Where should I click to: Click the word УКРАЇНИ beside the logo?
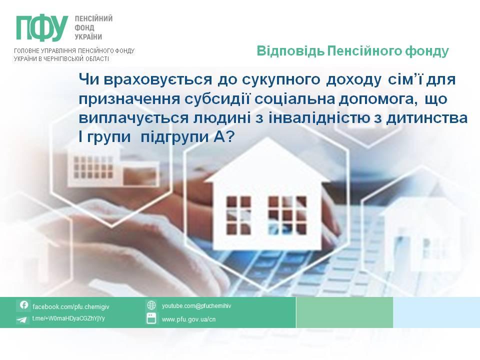click(x=88, y=37)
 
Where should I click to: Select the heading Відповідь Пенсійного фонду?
click(x=352, y=51)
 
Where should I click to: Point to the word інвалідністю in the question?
click(x=319, y=118)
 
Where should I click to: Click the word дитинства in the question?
click(x=426, y=118)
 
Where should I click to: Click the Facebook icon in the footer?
click(x=24, y=305)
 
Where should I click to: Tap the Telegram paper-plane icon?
click(x=21, y=320)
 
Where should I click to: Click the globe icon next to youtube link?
click(x=151, y=305)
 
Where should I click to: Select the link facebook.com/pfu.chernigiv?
click(x=70, y=306)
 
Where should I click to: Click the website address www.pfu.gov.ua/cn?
click(x=188, y=319)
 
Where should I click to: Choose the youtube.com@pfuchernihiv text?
click(x=196, y=306)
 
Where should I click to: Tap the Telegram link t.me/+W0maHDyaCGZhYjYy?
click(x=68, y=318)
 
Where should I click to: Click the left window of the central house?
click(x=238, y=215)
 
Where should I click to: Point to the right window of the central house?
click(x=287, y=215)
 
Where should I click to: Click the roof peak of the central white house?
click(x=267, y=138)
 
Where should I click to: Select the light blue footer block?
click(x=436, y=312)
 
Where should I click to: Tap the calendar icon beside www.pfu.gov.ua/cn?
click(x=151, y=318)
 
